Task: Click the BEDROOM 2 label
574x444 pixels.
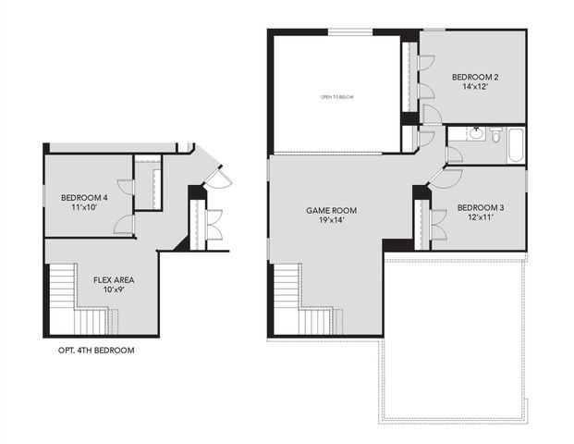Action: tap(475, 78)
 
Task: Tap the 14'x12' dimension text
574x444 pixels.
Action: tap(475, 90)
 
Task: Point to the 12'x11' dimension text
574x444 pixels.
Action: tap(481, 219)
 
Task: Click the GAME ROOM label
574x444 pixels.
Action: tap(331, 211)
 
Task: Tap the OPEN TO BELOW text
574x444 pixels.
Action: tap(337, 96)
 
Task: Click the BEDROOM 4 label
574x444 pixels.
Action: tap(84, 197)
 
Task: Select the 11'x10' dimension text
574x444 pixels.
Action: tap(84, 208)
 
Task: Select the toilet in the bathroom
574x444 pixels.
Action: tap(495, 137)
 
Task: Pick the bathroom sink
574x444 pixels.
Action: tap(475, 134)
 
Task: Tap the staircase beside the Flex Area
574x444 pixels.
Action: tap(74, 301)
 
